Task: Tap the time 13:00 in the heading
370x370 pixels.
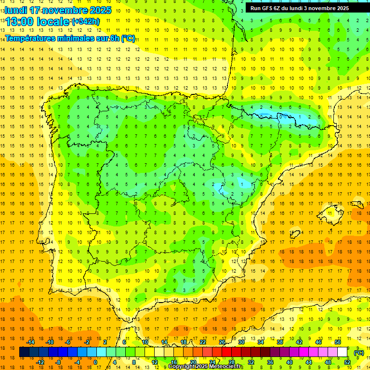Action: [x=18, y=22]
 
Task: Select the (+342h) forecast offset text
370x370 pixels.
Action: [x=85, y=22]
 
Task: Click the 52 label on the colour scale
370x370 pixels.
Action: [x=347, y=362]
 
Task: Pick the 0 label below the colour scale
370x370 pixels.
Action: [x=95, y=362]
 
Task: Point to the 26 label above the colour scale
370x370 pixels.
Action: [x=222, y=342]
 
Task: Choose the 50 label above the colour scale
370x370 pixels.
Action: [x=338, y=342]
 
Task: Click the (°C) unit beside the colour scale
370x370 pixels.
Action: [x=359, y=352]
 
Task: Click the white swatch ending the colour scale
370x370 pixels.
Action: [x=343, y=352]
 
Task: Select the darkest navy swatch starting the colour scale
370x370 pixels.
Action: [x=24, y=352]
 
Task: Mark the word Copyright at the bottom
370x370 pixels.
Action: [x=182, y=367]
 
